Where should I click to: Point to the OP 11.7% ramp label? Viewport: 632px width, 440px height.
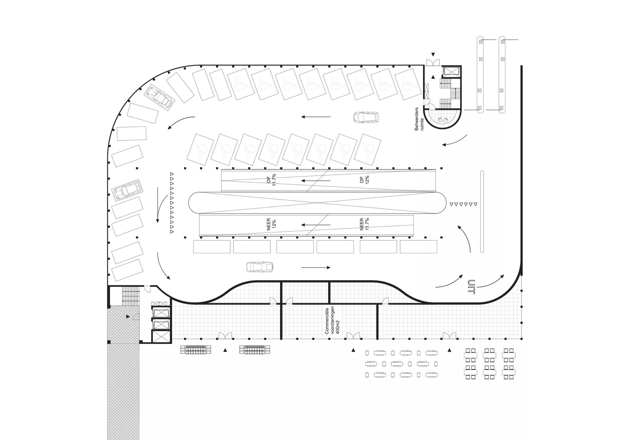coord(271,181)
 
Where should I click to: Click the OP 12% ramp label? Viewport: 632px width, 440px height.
coord(364,180)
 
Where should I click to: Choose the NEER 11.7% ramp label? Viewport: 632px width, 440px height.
coord(364,224)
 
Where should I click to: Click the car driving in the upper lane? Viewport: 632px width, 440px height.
coord(366,117)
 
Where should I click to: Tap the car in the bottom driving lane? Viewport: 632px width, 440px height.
coord(259,267)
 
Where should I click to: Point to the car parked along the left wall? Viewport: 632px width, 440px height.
coord(127,191)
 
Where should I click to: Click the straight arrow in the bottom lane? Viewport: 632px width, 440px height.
coord(316,268)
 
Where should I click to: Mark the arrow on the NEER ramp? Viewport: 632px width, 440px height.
coord(316,225)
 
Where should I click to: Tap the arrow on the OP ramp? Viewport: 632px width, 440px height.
coord(316,181)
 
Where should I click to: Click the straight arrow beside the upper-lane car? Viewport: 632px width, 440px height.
coord(316,117)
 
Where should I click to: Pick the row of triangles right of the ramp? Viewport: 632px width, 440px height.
coord(463,204)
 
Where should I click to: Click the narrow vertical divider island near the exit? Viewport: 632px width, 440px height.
coord(482,212)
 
